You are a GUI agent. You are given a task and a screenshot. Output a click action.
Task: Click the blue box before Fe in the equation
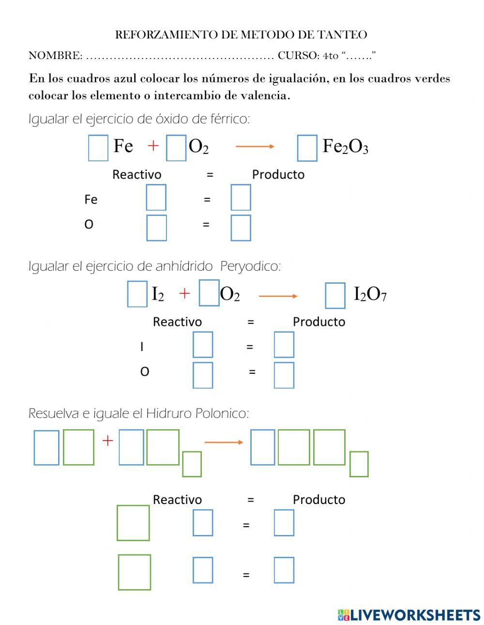98,148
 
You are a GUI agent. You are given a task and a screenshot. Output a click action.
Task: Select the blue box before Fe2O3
307,148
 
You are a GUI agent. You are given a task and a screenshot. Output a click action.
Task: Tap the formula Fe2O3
345,146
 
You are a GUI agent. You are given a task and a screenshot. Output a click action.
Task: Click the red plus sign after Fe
153,145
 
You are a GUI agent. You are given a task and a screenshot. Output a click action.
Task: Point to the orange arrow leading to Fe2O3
255,147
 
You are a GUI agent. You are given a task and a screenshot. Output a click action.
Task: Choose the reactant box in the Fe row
156,198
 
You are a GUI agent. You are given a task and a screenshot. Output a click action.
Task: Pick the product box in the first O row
241,228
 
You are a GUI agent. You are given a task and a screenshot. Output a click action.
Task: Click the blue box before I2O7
335,295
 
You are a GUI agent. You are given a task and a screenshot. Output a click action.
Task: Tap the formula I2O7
370,294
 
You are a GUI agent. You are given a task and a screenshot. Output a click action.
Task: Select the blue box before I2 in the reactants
137,294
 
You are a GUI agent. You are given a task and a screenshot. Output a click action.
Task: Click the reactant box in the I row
203,345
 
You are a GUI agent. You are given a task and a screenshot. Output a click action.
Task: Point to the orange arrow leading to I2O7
278,296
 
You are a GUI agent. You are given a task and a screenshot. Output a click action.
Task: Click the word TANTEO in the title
343,35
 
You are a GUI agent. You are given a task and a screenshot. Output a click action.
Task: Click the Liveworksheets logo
408,615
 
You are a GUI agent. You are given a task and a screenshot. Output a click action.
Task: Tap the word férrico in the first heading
230,119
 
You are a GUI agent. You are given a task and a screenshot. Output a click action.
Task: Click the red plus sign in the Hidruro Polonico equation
107,441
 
